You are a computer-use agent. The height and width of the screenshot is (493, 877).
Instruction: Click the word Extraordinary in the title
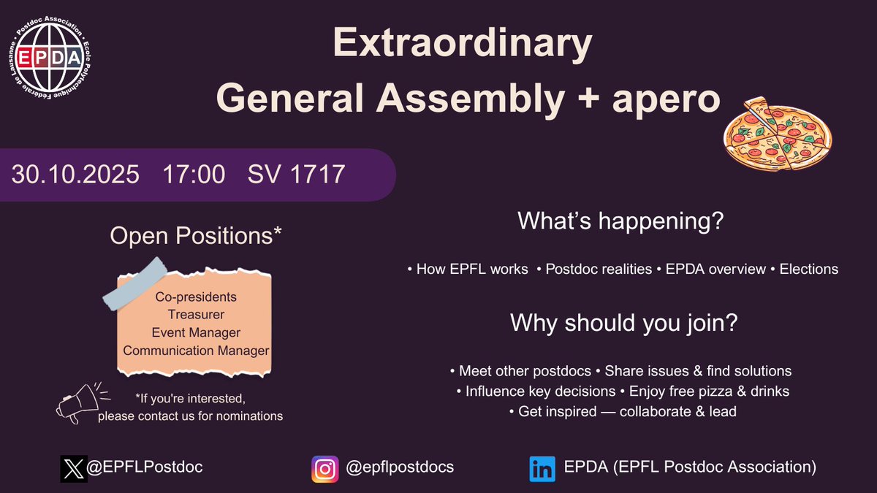(x=462, y=45)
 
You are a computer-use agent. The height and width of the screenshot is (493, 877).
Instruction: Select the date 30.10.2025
(x=75, y=175)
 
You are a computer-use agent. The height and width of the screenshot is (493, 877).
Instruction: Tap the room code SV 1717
(x=296, y=175)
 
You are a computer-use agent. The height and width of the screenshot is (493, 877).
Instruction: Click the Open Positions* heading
(x=196, y=235)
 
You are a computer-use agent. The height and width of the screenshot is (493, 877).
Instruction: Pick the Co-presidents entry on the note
(x=196, y=298)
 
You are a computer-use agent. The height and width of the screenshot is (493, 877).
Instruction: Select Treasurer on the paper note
(x=196, y=315)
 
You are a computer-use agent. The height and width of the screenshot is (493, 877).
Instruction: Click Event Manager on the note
(x=196, y=332)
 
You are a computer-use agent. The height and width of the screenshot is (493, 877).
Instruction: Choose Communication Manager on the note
(x=196, y=351)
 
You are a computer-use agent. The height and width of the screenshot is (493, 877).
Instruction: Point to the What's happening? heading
(x=620, y=221)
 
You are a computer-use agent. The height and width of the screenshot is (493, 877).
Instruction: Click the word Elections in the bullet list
(x=808, y=270)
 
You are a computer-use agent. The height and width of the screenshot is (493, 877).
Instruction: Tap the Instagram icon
(x=324, y=468)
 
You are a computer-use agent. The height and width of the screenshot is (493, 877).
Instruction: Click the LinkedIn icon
(x=542, y=468)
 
